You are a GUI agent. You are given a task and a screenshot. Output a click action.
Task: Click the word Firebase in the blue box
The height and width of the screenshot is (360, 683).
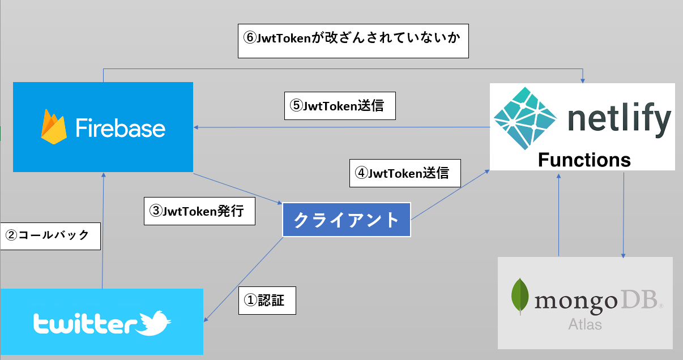(x=121, y=127)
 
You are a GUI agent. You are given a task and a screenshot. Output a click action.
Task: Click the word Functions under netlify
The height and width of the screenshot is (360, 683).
(x=584, y=160)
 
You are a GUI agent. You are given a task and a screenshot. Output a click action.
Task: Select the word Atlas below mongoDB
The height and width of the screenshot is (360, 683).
(x=585, y=325)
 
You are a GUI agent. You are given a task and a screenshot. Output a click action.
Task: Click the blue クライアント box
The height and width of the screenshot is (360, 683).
(x=346, y=220)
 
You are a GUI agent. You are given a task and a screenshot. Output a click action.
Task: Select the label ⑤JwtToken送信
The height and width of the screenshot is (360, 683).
(x=340, y=106)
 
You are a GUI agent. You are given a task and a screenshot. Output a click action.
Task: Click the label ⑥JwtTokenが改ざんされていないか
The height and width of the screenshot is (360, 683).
(x=353, y=41)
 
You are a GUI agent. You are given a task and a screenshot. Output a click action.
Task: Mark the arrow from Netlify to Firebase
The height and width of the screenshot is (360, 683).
(x=340, y=127)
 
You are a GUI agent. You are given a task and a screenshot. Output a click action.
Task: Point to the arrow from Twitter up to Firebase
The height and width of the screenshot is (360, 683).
(x=103, y=232)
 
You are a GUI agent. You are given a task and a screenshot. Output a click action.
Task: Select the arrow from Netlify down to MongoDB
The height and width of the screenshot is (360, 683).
(x=624, y=215)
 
